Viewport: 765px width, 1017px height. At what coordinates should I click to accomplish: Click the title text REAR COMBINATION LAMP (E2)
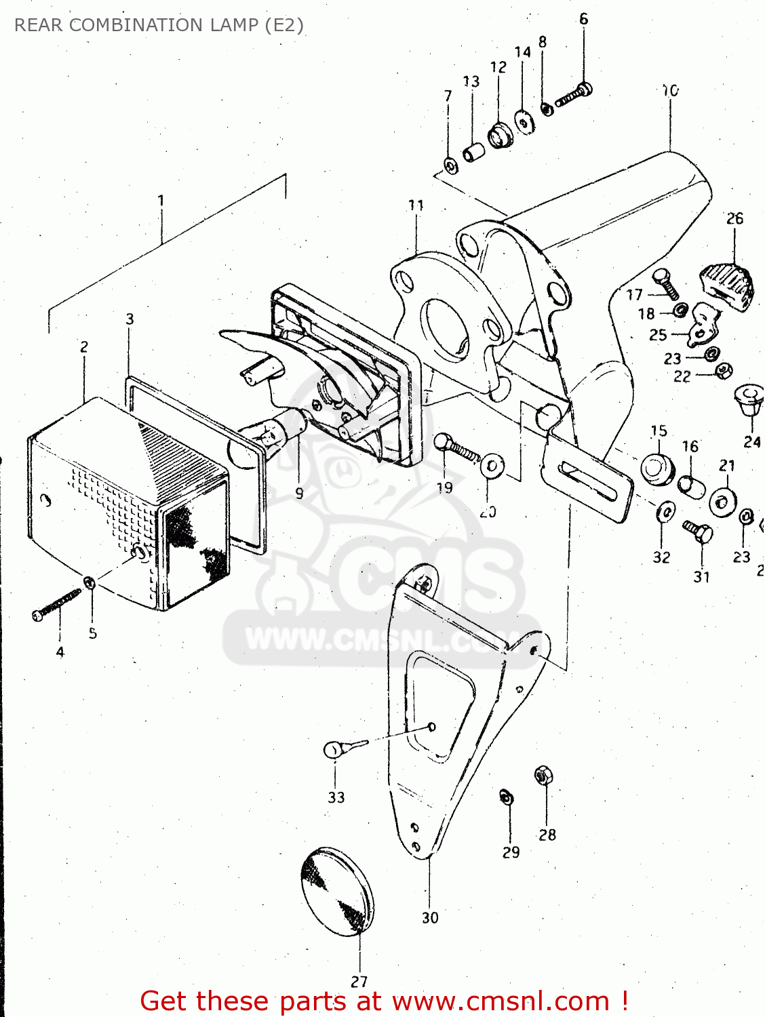(159, 25)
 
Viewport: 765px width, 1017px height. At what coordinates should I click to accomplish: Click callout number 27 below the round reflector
(359, 981)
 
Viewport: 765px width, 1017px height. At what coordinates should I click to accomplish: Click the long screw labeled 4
(57, 604)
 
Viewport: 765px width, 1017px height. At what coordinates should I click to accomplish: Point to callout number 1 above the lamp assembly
(161, 201)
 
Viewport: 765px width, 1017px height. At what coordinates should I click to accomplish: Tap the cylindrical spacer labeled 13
(474, 151)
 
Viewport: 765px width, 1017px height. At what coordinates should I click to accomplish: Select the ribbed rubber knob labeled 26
(727, 285)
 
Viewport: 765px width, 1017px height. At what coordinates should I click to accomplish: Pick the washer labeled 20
(492, 466)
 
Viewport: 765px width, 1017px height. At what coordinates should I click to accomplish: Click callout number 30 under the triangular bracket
(430, 917)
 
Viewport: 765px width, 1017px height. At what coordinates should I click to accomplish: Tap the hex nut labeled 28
(542, 774)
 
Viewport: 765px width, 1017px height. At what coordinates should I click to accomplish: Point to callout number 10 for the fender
(670, 90)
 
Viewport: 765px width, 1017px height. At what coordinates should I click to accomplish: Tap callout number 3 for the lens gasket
(130, 319)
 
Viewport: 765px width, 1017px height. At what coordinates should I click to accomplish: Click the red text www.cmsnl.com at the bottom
(501, 1001)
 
